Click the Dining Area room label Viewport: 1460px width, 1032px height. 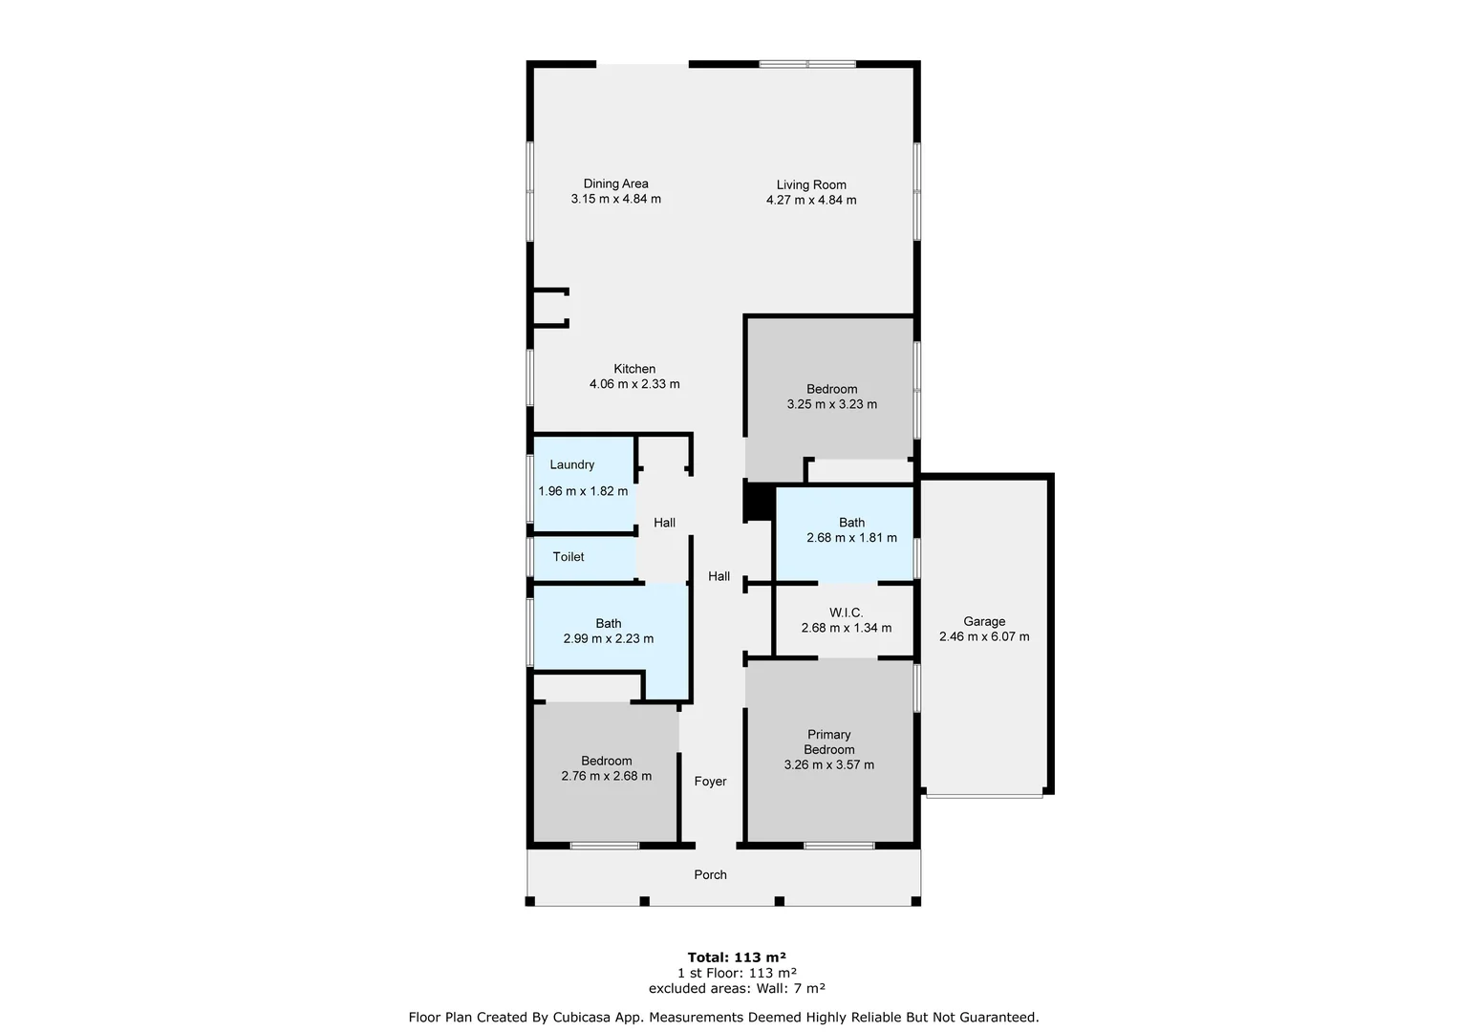[x=615, y=183]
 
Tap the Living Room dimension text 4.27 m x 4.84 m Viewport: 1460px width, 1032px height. [x=810, y=201]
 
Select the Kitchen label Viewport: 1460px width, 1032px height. [x=634, y=369]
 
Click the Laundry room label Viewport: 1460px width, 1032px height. [x=572, y=465]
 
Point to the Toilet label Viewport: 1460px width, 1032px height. [x=569, y=557]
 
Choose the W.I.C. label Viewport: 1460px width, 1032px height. [x=846, y=613]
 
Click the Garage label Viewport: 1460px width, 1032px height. [x=983, y=622]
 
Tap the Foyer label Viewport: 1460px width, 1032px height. [x=710, y=782]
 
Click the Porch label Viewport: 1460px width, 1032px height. [x=710, y=875]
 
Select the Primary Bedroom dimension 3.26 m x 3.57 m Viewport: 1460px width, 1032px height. [x=828, y=765]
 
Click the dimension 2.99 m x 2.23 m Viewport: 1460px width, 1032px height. [x=608, y=639]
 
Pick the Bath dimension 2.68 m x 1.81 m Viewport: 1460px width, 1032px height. [x=851, y=538]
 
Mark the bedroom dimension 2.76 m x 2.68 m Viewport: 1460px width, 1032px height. [x=606, y=777]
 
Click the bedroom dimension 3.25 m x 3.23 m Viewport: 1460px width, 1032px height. [x=831, y=404]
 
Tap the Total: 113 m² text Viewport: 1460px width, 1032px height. [x=736, y=957]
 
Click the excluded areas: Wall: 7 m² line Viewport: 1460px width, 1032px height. [x=736, y=989]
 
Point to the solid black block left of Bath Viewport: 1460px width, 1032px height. [x=758, y=502]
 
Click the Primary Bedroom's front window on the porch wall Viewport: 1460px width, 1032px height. [x=838, y=846]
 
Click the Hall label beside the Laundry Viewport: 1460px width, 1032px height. [x=664, y=523]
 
